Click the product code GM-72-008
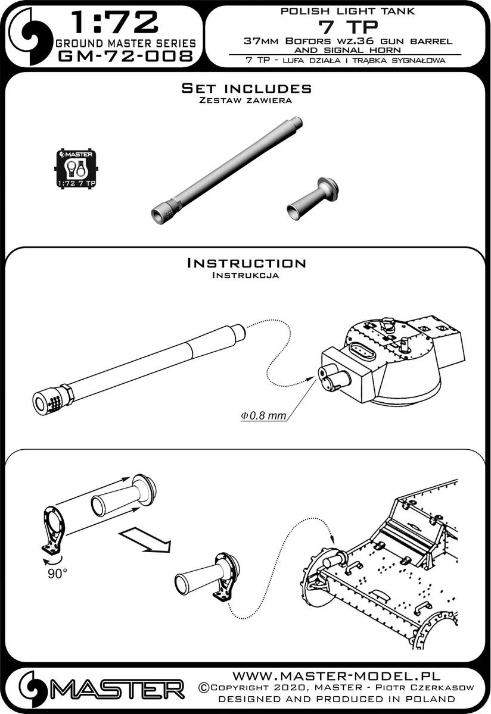[125, 57]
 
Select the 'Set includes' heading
[246, 89]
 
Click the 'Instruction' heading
[246, 263]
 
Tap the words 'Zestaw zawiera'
[246, 101]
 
